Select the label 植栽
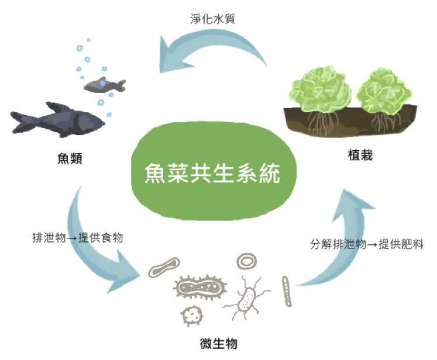pos(359,155)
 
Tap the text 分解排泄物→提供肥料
pos(367,244)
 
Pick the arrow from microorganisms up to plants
pos(345,245)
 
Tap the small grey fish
pos(104,85)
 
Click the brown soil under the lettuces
pos(351,120)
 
